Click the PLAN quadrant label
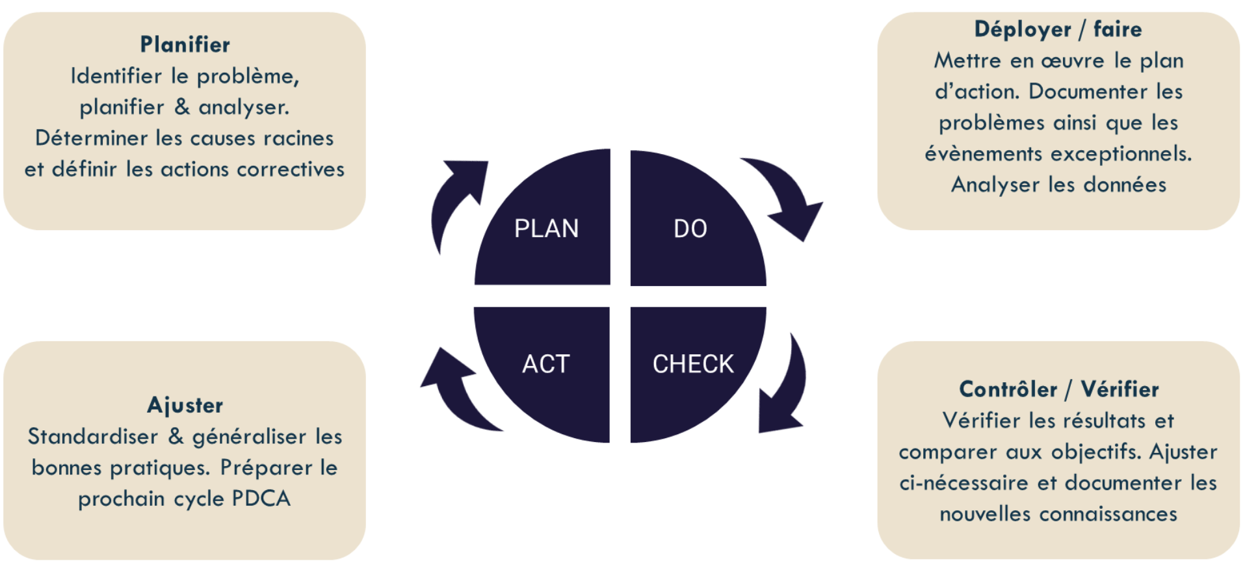click(546, 229)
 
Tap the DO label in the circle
click(690, 229)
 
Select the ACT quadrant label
click(545, 364)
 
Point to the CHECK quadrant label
click(693, 364)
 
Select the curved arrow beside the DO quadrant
click(787, 195)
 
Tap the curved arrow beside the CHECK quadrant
click(787, 390)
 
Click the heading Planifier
click(185, 45)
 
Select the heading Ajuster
click(185, 406)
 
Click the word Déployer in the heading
click(1023, 30)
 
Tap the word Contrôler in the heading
click(1008, 389)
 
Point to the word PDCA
click(261, 499)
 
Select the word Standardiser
click(93, 437)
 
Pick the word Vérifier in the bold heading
click(1120, 389)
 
